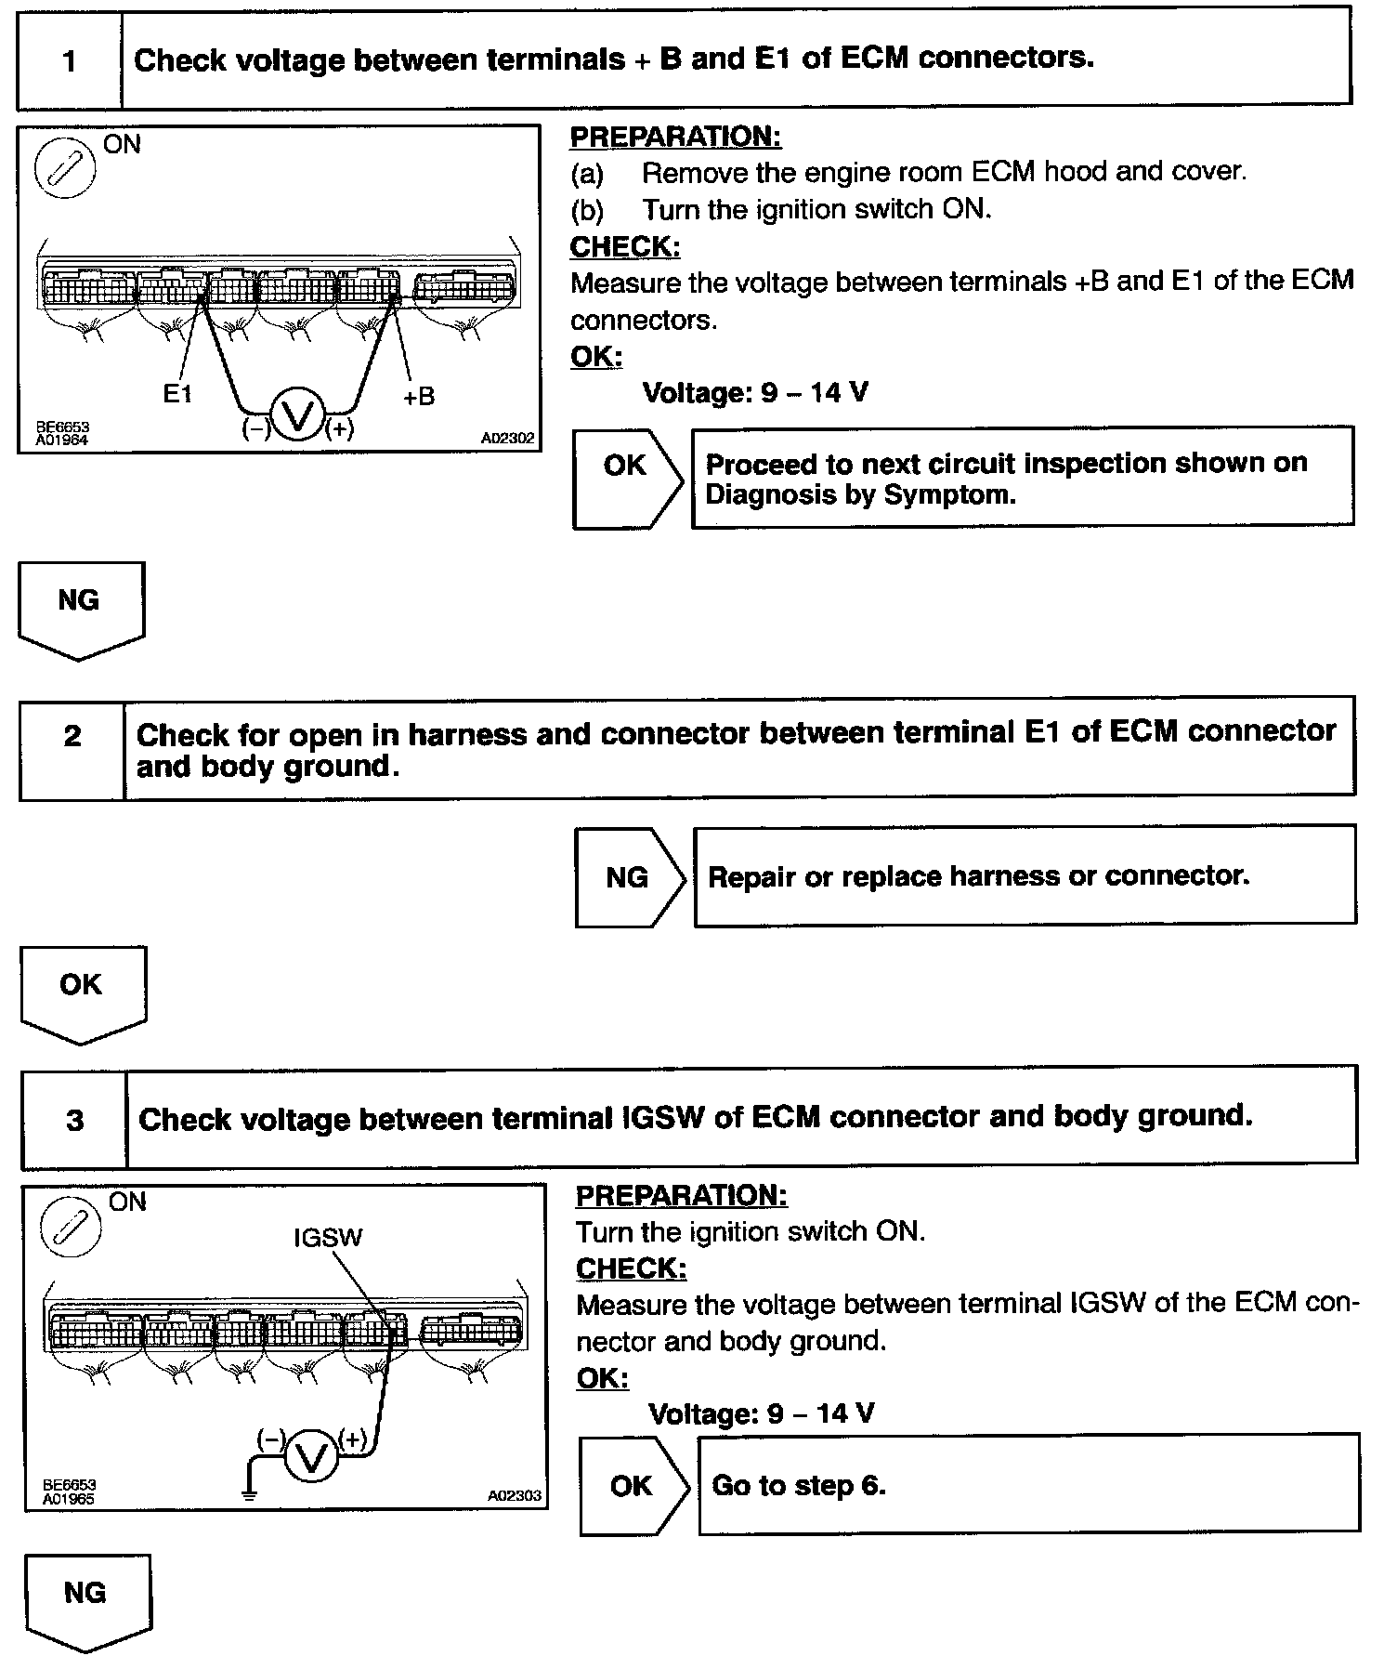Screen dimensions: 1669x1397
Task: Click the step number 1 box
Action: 70,61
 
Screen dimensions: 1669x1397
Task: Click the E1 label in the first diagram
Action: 177,394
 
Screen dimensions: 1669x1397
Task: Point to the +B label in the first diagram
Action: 419,396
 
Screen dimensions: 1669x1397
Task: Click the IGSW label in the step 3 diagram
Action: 328,1238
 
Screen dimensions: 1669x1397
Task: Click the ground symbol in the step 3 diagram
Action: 249,1495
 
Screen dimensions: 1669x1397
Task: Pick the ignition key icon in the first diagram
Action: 65,168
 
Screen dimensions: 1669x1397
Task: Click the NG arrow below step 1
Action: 81,609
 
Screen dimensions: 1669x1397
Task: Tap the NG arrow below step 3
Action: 87,1601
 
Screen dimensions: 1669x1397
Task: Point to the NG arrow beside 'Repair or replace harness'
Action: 629,877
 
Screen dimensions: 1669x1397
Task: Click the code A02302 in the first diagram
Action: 509,438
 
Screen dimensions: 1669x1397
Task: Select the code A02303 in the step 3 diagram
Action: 514,1496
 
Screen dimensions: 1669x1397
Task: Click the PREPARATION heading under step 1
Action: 675,137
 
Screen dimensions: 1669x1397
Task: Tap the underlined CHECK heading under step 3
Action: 631,1268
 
